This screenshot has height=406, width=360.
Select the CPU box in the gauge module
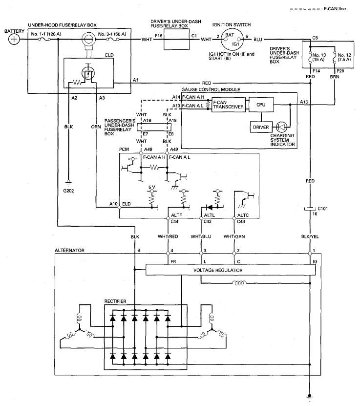[261, 105]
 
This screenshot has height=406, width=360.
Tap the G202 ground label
[69, 191]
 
